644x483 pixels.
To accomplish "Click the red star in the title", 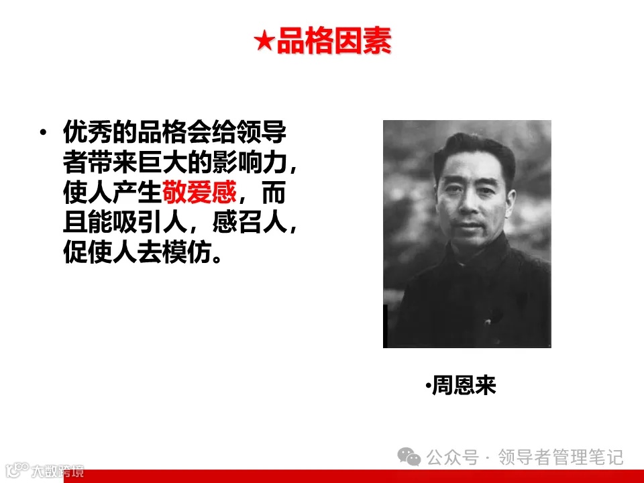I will (264, 42).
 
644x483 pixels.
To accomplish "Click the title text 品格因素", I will (333, 42).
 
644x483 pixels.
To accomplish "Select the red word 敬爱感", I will (199, 194).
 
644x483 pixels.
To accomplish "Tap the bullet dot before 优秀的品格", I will (44, 133).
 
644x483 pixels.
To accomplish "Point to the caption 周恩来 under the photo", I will (464, 386).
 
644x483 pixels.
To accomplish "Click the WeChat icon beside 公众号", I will (409, 457).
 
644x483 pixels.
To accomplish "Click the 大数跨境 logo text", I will (60, 471).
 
